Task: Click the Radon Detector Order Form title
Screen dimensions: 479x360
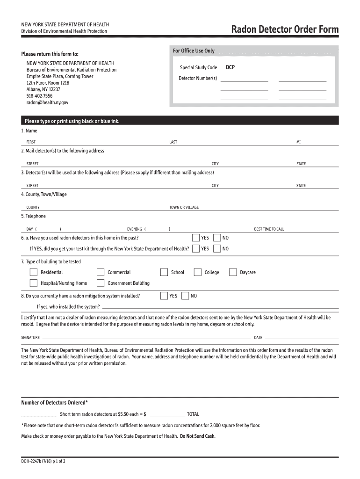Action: click(x=285, y=30)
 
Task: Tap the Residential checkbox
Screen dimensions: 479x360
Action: click(x=34, y=272)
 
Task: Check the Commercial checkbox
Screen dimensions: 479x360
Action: click(x=101, y=272)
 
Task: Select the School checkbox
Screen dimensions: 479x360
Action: click(x=164, y=272)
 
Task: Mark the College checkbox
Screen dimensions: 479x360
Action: click(x=198, y=272)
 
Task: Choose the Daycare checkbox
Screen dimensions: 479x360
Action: click(x=233, y=272)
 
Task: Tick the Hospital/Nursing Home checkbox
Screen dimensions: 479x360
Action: click(x=34, y=283)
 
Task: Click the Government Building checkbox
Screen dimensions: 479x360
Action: click(x=101, y=283)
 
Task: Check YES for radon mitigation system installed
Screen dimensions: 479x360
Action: click(x=164, y=296)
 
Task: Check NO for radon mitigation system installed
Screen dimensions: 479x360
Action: click(x=185, y=296)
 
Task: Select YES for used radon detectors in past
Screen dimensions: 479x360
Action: click(x=196, y=238)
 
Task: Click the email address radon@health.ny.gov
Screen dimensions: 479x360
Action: click(x=47, y=102)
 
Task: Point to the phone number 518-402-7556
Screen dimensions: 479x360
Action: click(x=39, y=95)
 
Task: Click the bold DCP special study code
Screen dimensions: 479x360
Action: click(x=230, y=67)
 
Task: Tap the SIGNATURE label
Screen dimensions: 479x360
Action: click(x=30, y=338)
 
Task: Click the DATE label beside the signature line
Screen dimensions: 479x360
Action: click(x=258, y=338)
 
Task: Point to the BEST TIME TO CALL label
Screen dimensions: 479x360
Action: click(x=269, y=229)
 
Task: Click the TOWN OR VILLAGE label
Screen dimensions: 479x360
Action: click(x=184, y=207)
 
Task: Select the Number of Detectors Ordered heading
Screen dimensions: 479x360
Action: click(x=55, y=403)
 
